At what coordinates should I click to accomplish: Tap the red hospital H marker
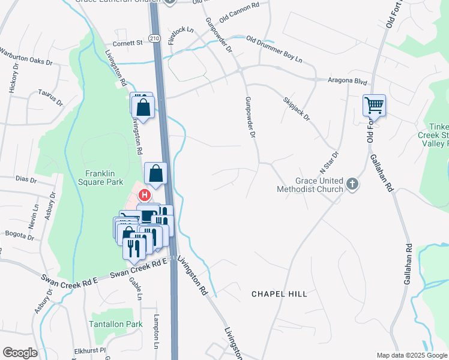[x=145, y=194]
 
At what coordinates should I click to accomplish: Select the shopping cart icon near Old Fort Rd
[x=374, y=106]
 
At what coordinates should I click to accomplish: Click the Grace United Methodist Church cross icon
[x=352, y=185]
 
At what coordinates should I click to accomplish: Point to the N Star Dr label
[x=331, y=163]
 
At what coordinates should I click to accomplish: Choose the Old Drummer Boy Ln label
[x=274, y=50]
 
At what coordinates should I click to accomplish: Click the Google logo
[x=20, y=353]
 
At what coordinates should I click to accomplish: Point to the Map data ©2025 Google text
[x=411, y=355]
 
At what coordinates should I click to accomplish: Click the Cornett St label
[x=128, y=43]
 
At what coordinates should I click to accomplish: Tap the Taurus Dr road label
[x=50, y=97]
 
